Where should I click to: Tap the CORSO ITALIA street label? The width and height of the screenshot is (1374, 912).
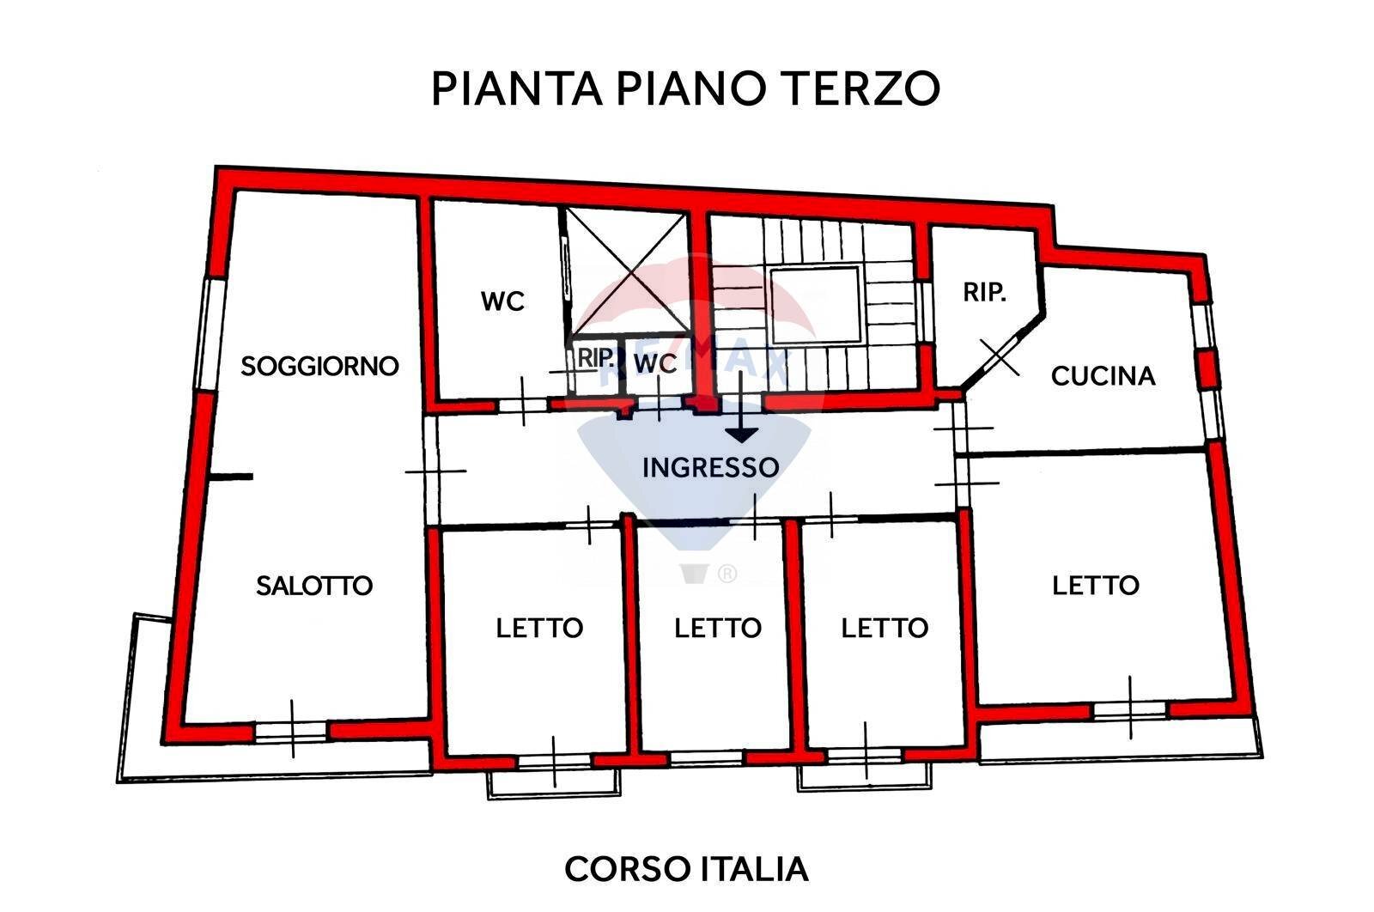[686, 869]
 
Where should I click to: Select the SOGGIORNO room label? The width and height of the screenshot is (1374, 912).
[319, 366]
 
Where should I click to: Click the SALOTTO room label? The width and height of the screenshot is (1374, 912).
[314, 586]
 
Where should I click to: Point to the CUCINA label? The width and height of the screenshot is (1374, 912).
[1103, 376]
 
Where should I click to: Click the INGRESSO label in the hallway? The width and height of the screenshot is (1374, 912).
[710, 467]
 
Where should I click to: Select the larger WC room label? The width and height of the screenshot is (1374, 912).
[502, 301]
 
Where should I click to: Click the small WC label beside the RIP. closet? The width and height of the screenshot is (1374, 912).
[655, 363]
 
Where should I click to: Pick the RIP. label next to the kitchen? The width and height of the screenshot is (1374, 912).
[984, 292]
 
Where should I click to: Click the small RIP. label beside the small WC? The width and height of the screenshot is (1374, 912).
[594, 358]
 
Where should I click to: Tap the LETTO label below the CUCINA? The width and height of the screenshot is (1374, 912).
[1096, 586]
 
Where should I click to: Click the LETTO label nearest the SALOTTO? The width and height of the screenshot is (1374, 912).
[539, 628]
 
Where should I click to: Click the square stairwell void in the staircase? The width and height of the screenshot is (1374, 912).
[814, 305]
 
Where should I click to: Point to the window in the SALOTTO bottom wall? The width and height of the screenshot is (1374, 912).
[292, 731]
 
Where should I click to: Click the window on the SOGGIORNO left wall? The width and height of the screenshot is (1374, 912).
[209, 332]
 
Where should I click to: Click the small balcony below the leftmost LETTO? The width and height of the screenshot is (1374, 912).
[553, 782]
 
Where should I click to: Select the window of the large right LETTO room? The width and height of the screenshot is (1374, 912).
[1129, 709]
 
